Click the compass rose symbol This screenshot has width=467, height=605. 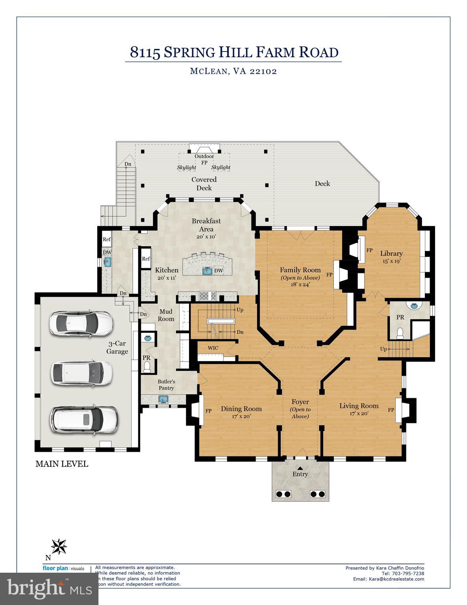tap(59, 546)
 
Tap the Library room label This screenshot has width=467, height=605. tap(391, 254)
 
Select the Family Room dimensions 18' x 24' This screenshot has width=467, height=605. tap(300, 284)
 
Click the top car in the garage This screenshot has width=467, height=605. tap(81, 323)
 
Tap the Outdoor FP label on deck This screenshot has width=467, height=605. tap(204, 159)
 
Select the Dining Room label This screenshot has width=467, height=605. tap(241, 408)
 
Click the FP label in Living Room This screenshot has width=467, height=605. tap(391, 410)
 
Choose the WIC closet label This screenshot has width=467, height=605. tap(213, 348)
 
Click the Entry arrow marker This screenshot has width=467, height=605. tap(300, 468)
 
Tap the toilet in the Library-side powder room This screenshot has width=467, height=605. tap(400, 334)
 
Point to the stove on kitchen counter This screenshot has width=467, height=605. tap(208, 295)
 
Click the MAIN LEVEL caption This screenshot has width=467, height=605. tap(62, 464)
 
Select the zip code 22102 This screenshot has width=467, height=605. tap(263, 71)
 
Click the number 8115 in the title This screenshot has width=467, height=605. tap(145, 52)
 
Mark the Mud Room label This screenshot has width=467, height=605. tap(166, 315)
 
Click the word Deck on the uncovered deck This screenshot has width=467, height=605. tap(322, 184)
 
